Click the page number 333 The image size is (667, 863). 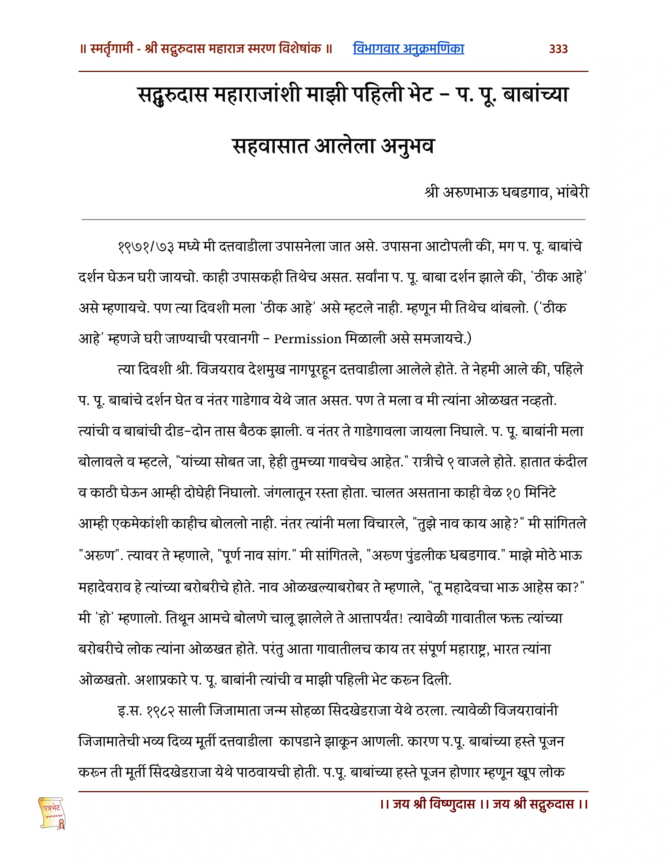tap(558, 49)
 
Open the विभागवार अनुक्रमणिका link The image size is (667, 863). tap(408, 49)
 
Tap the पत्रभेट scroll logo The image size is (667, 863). tap(52, 813)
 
